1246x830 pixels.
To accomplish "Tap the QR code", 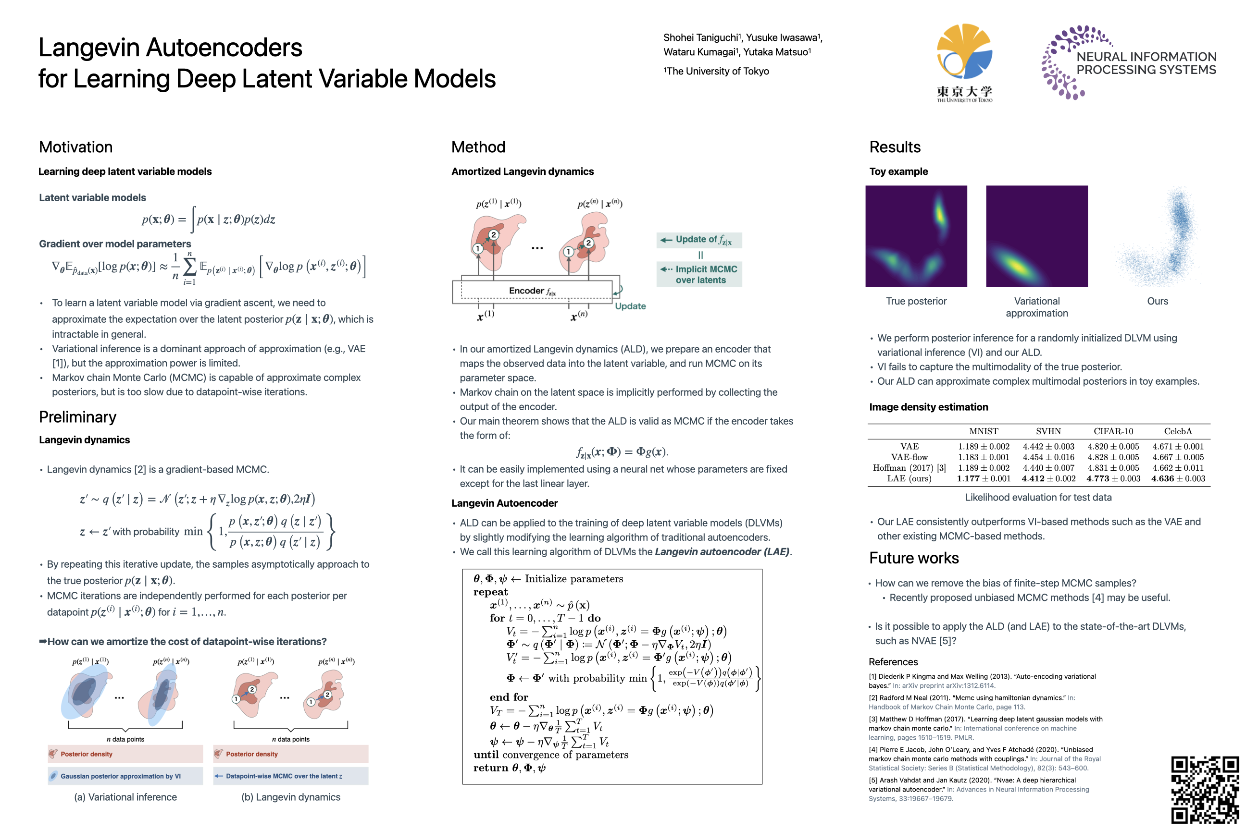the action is tap(1205, 790).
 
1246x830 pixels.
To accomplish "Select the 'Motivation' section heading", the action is tap(76, 146).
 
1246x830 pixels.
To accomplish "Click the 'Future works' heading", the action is tap(914, 558).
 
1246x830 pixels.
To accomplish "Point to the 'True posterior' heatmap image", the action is tap(916, 236).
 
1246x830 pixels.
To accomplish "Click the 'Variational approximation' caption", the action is tap(1037, 307).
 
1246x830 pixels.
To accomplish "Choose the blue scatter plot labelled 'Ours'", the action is tap(1158, 236).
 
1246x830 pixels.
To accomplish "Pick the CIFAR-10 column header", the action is tap(1113, 431).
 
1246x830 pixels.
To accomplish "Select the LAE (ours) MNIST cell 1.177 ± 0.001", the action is tap(983, 478).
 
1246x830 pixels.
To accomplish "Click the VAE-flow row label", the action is tap(909, 457).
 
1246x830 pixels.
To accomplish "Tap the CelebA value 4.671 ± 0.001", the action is tap(1178, 446).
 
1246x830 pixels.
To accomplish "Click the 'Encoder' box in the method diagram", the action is tap(533, 291).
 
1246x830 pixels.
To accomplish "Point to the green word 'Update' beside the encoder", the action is tap(630, 306).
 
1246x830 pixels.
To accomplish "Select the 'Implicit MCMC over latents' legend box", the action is tap(699, 274).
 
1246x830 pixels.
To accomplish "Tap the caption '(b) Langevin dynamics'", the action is tap(291, 797).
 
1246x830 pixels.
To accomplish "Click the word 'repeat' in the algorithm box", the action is tap(490, 592).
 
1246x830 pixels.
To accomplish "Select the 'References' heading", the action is tap(893, 662).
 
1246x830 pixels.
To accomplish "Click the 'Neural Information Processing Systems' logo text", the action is tap(1146, 63).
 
